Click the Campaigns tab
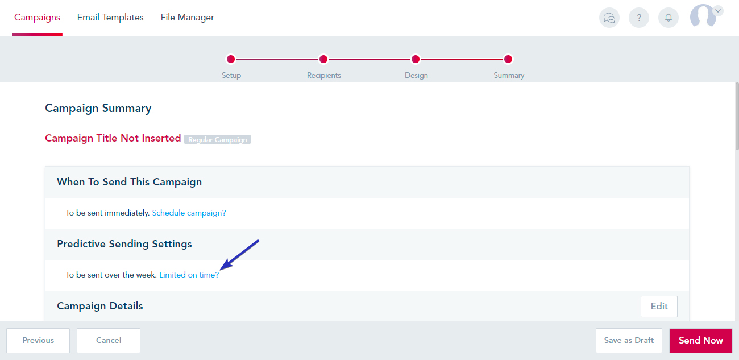pos(37,18)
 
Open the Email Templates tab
pos(110,18)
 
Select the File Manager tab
pos(188,18)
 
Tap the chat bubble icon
pos(609,18)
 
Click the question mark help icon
pos(639,18)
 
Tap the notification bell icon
pos(669,18)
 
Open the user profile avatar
pos(703,15)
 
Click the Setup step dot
pos(231,59)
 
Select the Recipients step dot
pos(323,59)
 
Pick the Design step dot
pos(416,59)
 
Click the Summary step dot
pos(508,59)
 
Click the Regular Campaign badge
pos(217,139)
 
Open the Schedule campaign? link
pos(189,213)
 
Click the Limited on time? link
pos(189,275)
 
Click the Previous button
pos(38,340)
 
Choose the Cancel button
pos(109,340)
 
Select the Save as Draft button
pos(629,340)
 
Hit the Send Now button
pos(701,340)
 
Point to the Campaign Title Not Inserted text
pos(113,138)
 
